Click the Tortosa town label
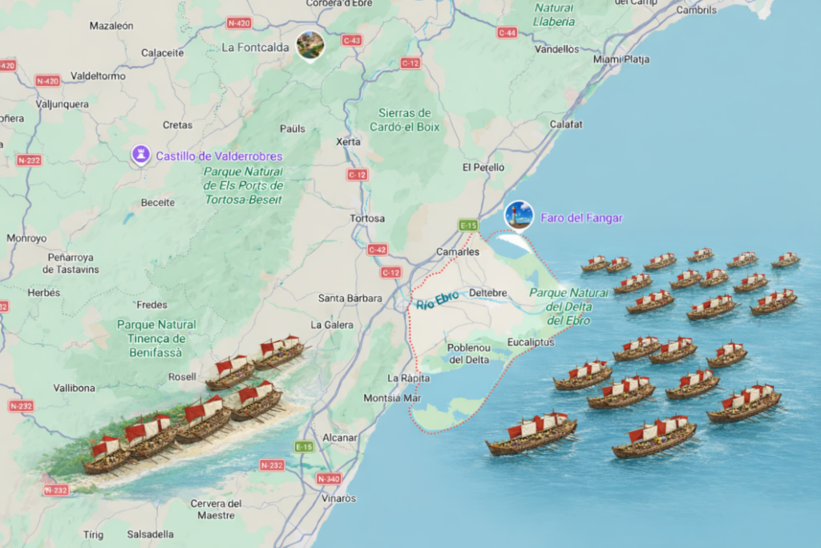(x=367, y=218)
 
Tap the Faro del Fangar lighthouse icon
(x=519, y=214)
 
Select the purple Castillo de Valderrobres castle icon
(x=141, y=155)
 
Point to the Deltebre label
(x=488, y=293)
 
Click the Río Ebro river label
(x=437, y=300)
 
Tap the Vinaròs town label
(x=337, y=498)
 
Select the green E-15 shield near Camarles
(x=468, y=225)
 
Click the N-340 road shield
(x=329, y=479)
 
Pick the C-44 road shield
(x=507, y=33)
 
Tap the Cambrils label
(x=696, y=10)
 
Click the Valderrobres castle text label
(x=219, y=156)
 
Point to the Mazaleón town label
(x=111, y=26)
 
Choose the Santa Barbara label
(x=350, y=298)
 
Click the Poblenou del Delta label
(x=468, y=354)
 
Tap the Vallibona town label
(x=74, y=388)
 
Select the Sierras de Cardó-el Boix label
(x=405, y=120)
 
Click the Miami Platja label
(x=621, y=59)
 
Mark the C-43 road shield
(x=351, y=40)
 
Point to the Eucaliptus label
(x=531, y=342)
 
